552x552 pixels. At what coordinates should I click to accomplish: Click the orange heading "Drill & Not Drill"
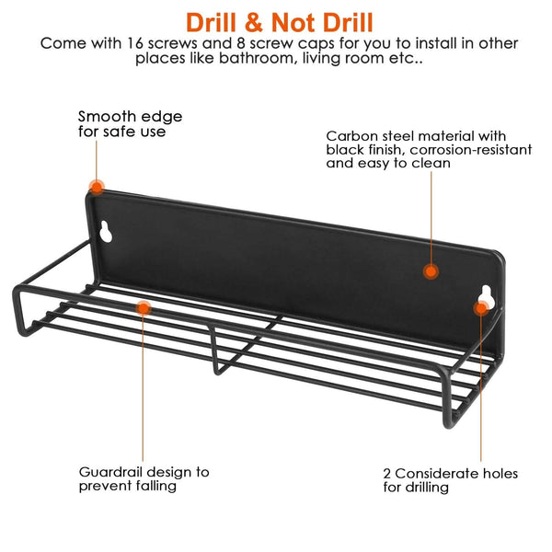click(x=279, y=23)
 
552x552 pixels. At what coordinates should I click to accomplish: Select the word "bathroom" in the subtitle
click(x=256, y=58)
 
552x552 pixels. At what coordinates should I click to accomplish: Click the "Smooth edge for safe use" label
click(x=131, y=123)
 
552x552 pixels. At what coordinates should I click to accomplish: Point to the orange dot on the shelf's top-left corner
click(x=97, y=187)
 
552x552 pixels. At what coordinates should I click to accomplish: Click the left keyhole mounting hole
click(x=106, y=232)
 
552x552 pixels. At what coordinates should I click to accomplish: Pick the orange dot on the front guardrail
click(x=144, y=308)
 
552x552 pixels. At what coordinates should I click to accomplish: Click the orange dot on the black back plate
click(x=431, y=271)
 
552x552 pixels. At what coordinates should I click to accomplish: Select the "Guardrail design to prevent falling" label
click(x=144, y=478)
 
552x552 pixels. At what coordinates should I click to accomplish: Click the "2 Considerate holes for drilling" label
click(x=450, y=480)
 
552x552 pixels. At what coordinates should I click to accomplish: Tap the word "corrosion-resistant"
click(x=471, y=150)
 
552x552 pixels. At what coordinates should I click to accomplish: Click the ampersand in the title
click(x=254, y=23)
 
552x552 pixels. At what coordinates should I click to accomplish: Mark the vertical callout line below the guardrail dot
click(x=143, y=388)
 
